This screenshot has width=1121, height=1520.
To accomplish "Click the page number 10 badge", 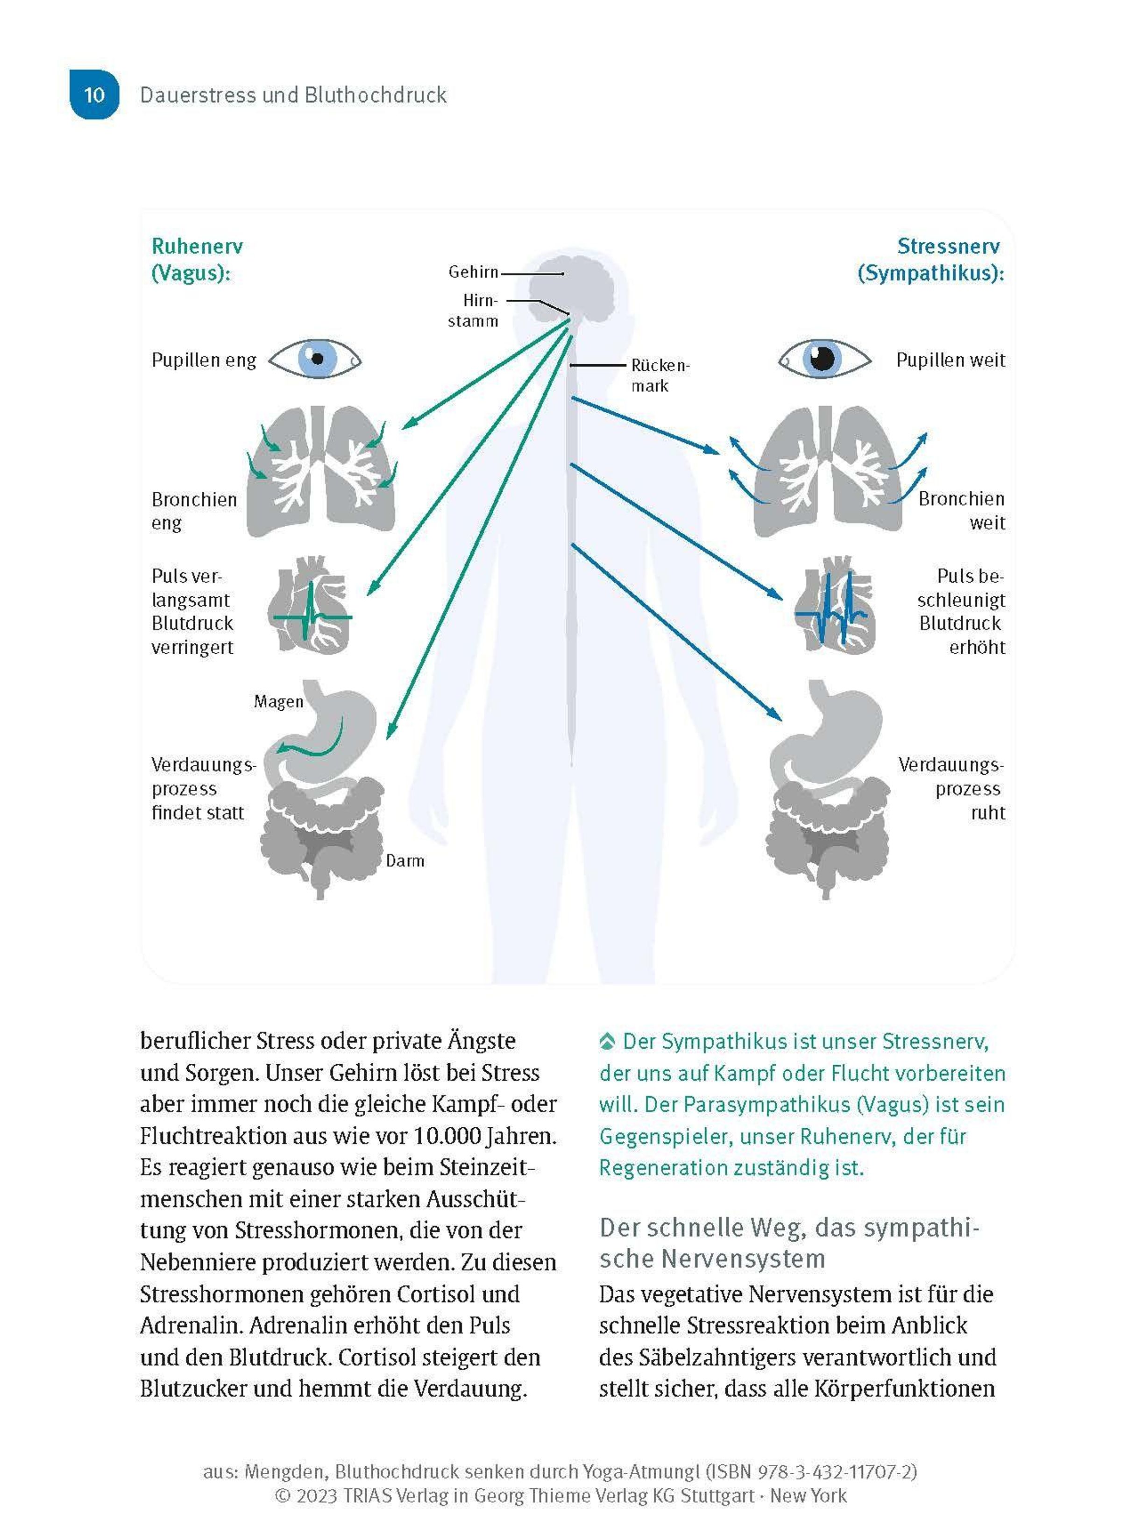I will coord(94,94).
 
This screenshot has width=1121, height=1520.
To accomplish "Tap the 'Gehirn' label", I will coord(473,272).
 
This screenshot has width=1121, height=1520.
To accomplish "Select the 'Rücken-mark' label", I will coord(659,375).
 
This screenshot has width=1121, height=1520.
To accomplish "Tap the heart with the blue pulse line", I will coord(835,605).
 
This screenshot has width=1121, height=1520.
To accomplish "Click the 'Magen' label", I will coord(278,701).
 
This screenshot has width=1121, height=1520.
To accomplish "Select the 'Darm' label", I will coord(404,861).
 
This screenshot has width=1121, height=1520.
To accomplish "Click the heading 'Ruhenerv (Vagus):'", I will coord(197,259).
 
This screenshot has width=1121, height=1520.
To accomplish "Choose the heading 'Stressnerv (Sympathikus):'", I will coord(930,259).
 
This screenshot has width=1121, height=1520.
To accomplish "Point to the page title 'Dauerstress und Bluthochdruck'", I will coord(293,95).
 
